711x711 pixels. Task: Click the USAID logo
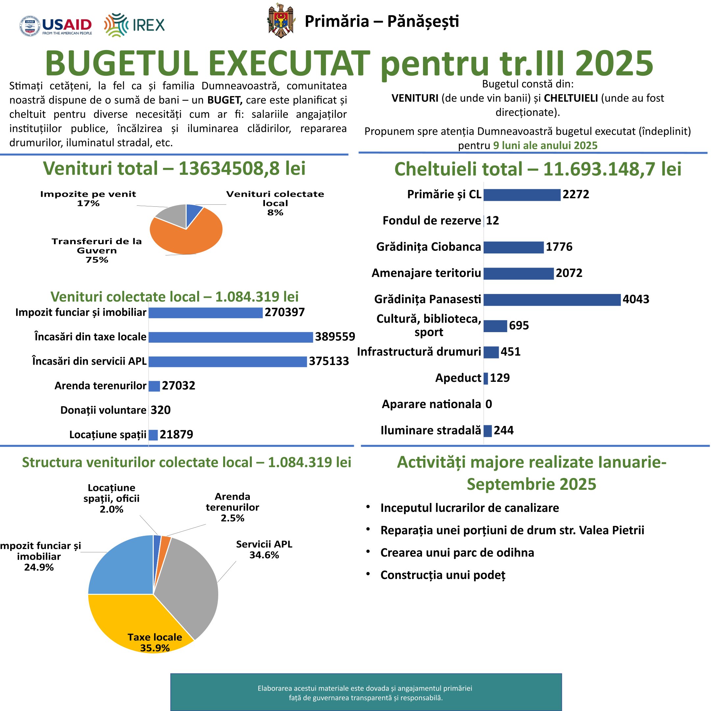[56, 26]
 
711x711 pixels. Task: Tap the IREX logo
[134, 25]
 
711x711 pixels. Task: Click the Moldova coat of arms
[281, 21]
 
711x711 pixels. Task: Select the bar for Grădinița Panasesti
[552, 300]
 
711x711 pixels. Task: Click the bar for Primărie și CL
[522, 195]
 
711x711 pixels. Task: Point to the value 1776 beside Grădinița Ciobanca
[559, 247]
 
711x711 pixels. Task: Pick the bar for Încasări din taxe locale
[230, 337]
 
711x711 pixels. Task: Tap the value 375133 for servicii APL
[329, 361]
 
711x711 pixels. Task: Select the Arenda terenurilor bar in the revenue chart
[154, 386]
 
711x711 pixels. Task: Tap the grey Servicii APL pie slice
[188, 581]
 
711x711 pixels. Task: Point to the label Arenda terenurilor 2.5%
[232, 507]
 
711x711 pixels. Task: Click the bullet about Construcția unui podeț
[442, 575]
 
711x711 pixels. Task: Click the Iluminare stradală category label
[431, 430]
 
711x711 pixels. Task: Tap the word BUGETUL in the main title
[121, 63]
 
